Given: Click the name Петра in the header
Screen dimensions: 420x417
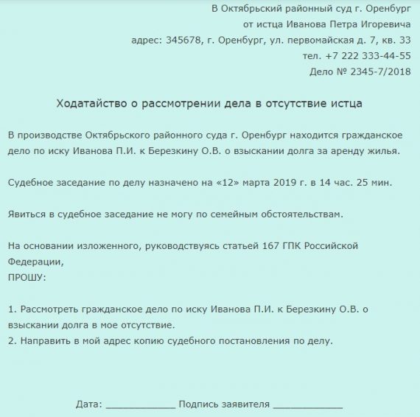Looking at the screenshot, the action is coord(318,24).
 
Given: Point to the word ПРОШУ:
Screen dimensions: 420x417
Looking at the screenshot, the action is coord(27,277).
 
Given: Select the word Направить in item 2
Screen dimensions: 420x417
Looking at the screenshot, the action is coord(44,340).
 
